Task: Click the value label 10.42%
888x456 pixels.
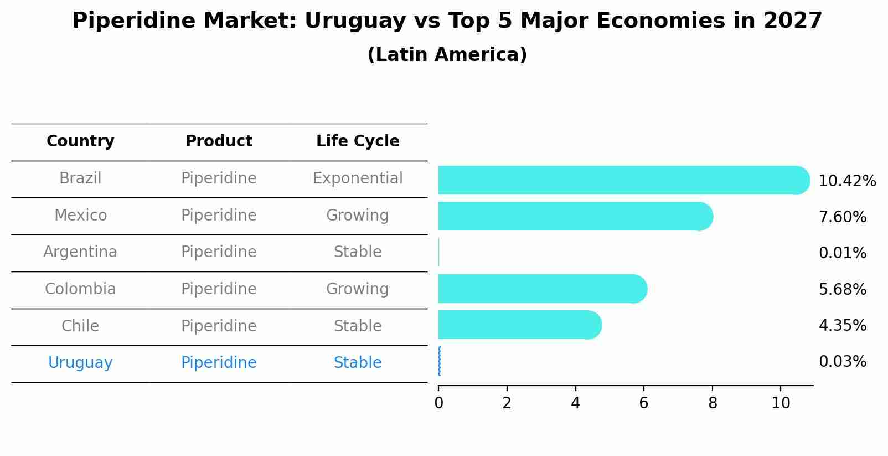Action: click(846, 181)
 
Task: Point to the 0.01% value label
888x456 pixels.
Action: click(842, 253)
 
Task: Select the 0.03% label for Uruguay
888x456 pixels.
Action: click(842, 362)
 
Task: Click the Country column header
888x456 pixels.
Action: click(80, 141)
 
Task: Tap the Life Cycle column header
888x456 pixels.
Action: click(358, 141)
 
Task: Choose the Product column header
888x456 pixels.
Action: click(219, 141)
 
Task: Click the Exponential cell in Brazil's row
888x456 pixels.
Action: click(358, 178)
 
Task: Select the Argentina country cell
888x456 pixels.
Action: click(80, 252)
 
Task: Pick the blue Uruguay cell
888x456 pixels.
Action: click(80, 363)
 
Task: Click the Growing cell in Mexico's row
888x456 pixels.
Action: click(358, 215)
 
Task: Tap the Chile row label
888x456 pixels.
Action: click(80, 326)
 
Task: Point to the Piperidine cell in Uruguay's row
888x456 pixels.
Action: click(219, 363)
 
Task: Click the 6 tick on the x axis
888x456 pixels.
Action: click(643, 403)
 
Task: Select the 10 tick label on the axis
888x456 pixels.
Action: click(781, 403)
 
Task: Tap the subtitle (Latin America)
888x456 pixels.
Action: click(447, 55)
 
